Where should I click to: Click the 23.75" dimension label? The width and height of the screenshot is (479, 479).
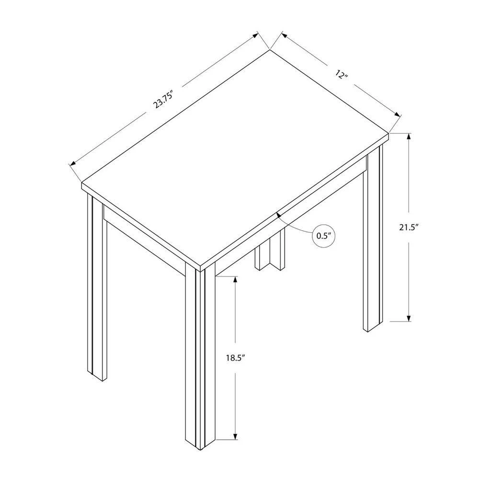click(x=163, y=99)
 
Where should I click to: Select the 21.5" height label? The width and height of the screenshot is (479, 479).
click(x=409, y=227)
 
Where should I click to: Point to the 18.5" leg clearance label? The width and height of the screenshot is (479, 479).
click(x=236, y=358)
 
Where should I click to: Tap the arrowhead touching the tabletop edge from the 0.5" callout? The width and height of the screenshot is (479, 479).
click(x=278, y=215)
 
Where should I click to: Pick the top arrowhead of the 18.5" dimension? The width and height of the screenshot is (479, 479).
click(x=235, y=280)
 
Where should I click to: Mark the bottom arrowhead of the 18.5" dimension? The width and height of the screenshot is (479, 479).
click(x=235, y=436)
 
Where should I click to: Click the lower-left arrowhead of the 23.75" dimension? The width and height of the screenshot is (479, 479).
click(x=73, y=164)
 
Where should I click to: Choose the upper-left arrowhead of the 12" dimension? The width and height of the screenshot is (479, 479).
click(x=284, y=35)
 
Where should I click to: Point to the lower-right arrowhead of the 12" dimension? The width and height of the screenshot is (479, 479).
click(x=397, y=114)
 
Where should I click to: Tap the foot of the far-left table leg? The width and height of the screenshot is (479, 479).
click(x=97, y=376)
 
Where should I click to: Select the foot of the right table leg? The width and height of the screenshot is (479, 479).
click(x=373, y=327)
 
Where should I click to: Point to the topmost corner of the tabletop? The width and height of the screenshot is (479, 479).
click(x=269, y=49)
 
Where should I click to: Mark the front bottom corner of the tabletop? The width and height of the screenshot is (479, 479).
click(x=200, y=271)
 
